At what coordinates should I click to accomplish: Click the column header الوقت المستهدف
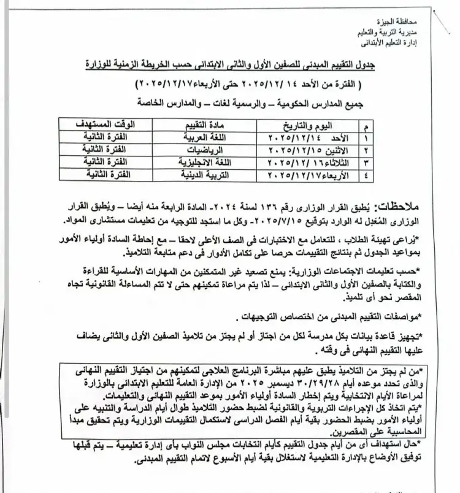coord(121,124)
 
